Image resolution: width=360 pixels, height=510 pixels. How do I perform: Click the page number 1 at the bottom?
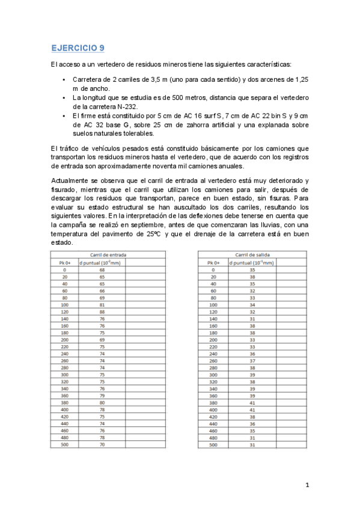pos(307,485)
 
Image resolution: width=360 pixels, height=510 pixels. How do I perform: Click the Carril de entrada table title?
pos(108,254)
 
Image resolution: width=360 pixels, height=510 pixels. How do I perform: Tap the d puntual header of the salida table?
pos(252,262)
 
